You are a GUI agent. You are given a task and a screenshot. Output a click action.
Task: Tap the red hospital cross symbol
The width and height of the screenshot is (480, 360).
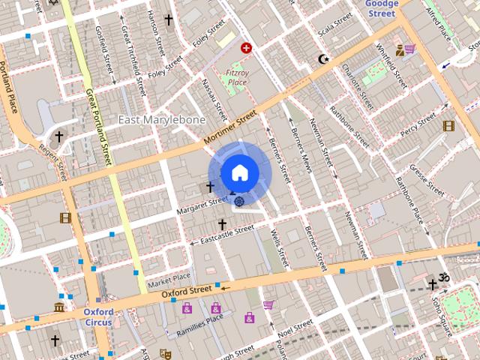click(x=246, y=48)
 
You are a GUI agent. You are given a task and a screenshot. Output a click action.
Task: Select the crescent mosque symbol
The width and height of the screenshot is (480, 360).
click(x=324, y=58)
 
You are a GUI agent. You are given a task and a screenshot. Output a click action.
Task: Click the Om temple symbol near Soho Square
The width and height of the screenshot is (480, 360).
click(x=443, y=277)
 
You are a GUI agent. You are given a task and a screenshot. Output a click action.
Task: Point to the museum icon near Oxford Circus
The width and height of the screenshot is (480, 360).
click(x=59, y=307)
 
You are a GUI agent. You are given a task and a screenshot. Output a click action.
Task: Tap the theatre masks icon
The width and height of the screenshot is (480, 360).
click(x=165, y=353)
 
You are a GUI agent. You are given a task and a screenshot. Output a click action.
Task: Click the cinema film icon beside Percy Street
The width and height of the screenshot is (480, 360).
click(x=448, y=126)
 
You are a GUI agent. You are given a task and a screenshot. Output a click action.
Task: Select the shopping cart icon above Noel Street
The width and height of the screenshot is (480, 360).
click(x=268, y=304)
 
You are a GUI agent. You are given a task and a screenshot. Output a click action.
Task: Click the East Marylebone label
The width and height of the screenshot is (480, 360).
click(x=162, y=120)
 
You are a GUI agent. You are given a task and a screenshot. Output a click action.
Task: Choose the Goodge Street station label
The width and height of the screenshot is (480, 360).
click(x=381, y=7)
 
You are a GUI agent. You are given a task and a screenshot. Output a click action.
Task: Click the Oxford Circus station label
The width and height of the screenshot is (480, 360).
click(x=98, y=317)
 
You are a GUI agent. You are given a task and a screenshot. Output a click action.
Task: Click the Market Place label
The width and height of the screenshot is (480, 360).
click(x=169, y=280)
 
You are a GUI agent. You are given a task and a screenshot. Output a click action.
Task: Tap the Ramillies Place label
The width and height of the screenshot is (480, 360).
click(x=199, y=324)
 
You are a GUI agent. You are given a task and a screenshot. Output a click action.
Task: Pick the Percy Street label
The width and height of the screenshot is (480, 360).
click(x=418, y=124)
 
